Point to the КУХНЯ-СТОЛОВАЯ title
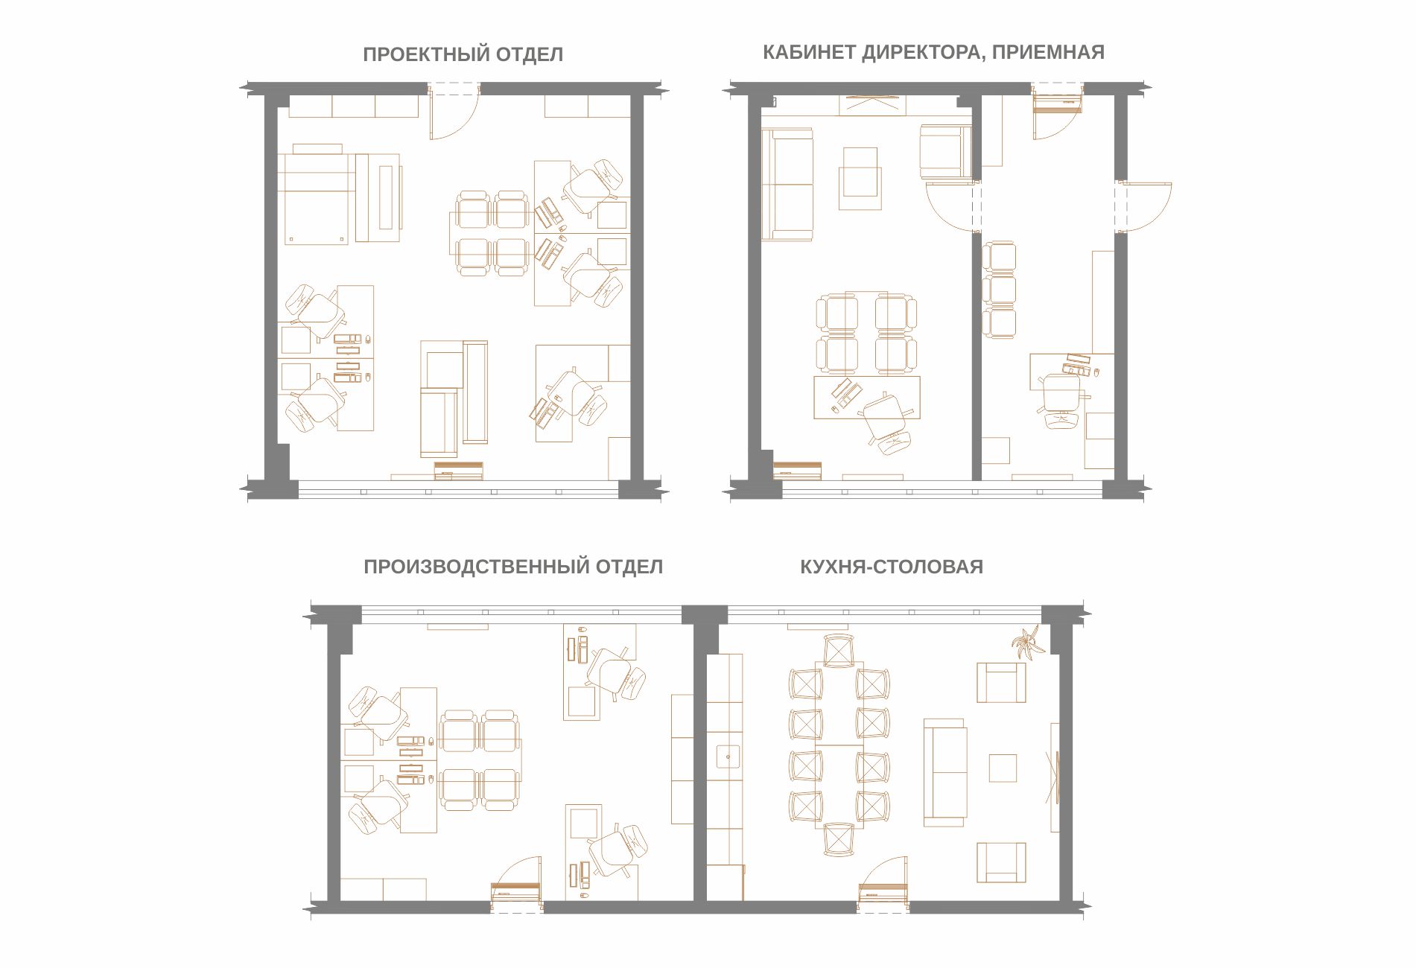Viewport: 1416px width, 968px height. click(x=892, y=567)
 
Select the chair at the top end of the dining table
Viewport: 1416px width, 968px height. click(x=839, y=650)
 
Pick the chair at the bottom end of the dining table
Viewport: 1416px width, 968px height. click(x=839, y=840)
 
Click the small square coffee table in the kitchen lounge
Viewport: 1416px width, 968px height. click(x=1003, y=768)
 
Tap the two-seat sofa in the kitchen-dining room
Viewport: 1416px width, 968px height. click(x=945, y=772)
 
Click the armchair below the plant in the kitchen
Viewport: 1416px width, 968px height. click(x=1001, y=682)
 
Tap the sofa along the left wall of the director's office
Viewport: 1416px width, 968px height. click(x=787, y=184)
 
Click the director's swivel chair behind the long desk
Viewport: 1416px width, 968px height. click(x=886, y=423)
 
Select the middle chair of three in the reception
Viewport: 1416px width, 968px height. click(x=999, y=290)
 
